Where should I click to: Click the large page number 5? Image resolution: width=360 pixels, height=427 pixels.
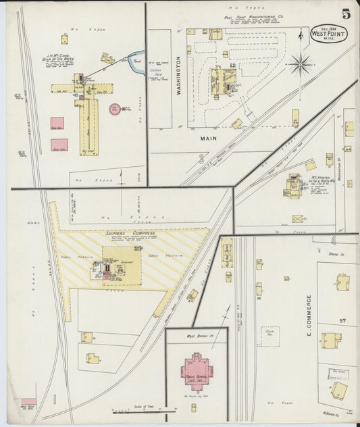(x=345, y=13)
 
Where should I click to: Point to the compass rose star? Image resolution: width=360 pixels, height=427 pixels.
(x=301, y=65)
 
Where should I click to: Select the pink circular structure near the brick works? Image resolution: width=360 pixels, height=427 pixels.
(x=115, y=107)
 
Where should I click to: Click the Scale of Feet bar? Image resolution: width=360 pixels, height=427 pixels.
(x=145, y=411)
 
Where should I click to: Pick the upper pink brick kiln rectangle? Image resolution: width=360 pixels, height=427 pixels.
(x=57, y=123)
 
